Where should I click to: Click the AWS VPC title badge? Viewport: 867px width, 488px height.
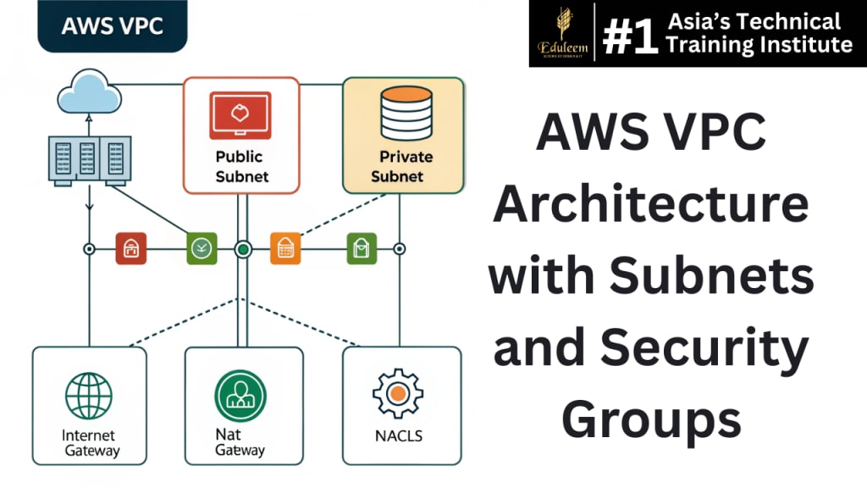pyautogui.click(x=112, y=26)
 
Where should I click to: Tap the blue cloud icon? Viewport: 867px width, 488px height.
pyautogui.click(x=87, y=92)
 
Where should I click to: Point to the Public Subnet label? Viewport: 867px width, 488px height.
pyautogui.click(x=241, y=167)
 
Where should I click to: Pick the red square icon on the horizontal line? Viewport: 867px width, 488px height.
pyautogui.click(x=130, y=249)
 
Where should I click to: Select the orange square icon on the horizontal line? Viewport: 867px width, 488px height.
pyautogui.click(x=285, y=249)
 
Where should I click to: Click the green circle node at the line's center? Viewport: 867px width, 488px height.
pyautogui.click(x=243, y=249)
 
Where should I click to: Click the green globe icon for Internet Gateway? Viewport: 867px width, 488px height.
pyautogui.click(x=89, y=396)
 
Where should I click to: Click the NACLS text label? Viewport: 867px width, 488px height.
pyautogui.click(x=397, y=437)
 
